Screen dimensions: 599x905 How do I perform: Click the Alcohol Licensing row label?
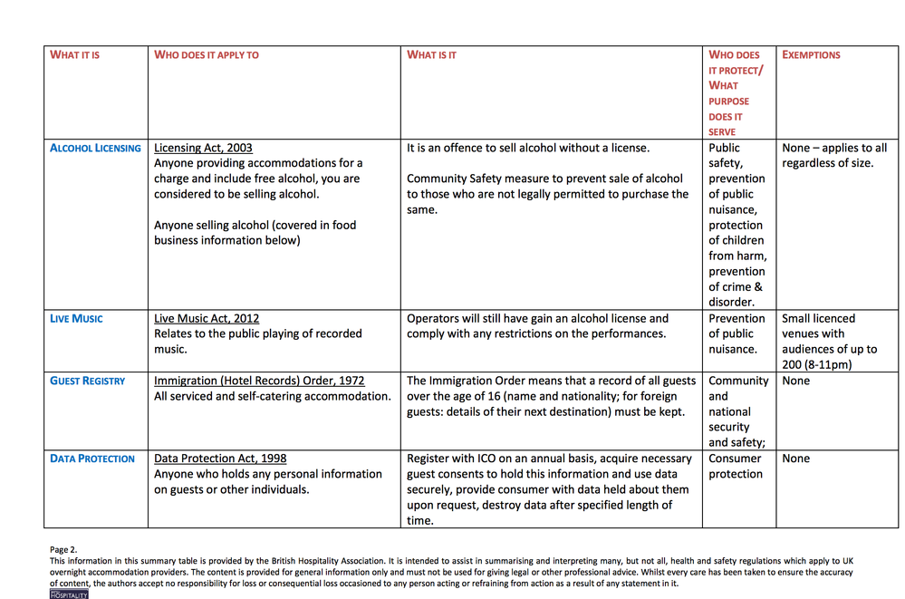click(x=95, y=149)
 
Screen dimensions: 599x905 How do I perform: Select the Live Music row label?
click(x=76, y=319)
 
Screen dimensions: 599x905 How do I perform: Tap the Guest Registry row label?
click(x=87, y=382)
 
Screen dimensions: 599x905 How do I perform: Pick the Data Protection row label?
click(x=91, y=459)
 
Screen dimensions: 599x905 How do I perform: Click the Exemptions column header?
click(x=811, y=55)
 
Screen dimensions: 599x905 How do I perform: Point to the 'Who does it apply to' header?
click(x=207, y=55)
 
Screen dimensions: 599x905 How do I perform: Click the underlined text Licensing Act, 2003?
click(x=203, y=149)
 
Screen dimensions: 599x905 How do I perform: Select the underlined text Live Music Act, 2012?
click(x=207, y=319)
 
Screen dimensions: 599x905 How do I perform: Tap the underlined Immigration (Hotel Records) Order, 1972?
click(x=259, y=382)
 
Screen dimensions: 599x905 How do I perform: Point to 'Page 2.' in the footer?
click(x=63, y=550)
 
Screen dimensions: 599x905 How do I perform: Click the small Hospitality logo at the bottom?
click(x=69, y=594)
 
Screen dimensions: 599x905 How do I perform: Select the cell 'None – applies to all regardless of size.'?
click(x=833, y=156)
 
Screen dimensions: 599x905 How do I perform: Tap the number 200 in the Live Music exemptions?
click(x=793, y=365)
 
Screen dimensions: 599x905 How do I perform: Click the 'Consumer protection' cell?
click(x=736, y=467)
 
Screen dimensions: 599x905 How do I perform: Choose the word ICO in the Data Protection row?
click(x=486, y=459)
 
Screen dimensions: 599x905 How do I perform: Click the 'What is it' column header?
click(x=431, y=55)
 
